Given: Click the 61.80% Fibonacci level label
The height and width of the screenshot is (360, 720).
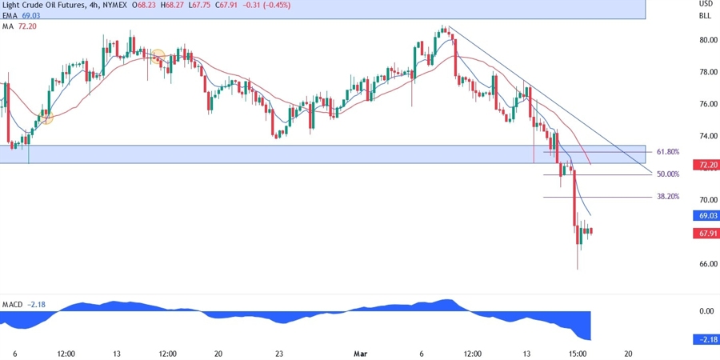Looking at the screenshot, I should point(668,151).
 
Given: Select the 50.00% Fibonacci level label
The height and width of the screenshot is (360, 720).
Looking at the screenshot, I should point(668,174).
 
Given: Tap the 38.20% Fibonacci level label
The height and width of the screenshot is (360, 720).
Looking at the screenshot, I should point(668,196).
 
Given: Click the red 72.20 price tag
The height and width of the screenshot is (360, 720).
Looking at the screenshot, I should point(706,166).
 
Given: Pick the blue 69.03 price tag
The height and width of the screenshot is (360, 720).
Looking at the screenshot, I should point(706,216).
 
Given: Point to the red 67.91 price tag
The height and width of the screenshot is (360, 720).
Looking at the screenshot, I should point(706,234).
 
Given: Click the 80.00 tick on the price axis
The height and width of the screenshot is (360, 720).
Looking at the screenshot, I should point(706,40).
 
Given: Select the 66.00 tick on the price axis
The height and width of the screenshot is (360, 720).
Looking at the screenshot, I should point(706,264).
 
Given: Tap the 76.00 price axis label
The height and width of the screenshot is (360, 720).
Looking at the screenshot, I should point(706,104).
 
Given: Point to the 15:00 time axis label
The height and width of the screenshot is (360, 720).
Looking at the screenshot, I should point(578,353).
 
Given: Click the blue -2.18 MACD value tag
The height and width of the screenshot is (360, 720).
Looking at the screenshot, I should point(706,340).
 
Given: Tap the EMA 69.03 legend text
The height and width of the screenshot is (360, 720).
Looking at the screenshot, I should point(19,16).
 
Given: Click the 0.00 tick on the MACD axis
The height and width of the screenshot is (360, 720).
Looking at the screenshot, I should point(706,311).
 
